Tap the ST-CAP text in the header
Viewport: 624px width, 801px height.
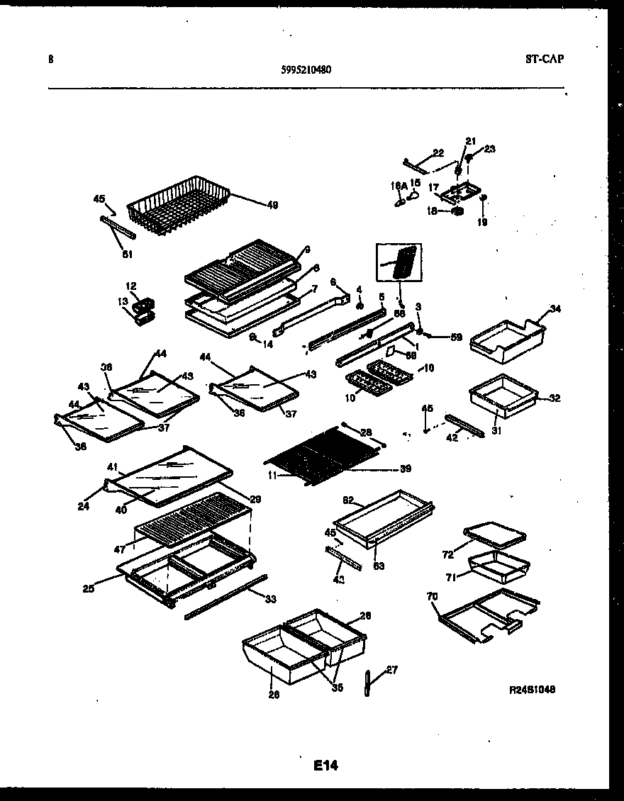point(545,60)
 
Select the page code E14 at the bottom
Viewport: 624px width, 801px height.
point(326,766)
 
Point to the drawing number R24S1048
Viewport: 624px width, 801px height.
point(532,689)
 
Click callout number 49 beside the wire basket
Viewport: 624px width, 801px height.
point(272,205)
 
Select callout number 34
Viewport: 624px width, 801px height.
point(555,309)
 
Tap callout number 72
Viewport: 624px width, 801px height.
point(447,554)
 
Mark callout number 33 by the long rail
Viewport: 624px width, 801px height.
point(270,600)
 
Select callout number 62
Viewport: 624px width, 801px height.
point(348,500)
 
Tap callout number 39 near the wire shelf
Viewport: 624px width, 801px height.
point(406,469)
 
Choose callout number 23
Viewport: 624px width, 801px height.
point(489,149)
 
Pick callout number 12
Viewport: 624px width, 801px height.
point(131,286)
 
